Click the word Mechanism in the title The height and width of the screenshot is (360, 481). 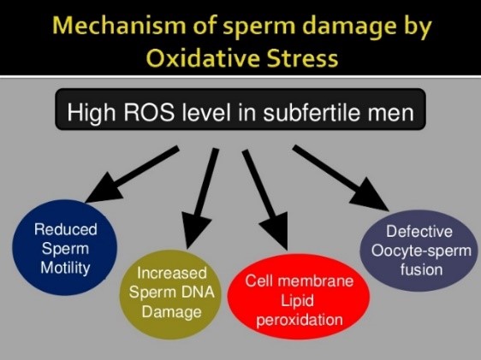(119, 25)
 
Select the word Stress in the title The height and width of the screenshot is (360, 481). (302, 58)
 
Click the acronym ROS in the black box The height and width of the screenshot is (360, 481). (150, 112)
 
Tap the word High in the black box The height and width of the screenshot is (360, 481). (92, 113)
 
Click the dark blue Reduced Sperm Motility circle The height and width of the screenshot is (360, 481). (65, 248)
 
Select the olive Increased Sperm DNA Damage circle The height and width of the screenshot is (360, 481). (170, 294)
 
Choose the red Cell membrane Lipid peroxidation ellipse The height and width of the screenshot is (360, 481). (299, 297)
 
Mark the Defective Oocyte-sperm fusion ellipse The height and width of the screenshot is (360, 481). (419, 251)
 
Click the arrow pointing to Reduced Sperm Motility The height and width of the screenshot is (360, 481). (132, 174)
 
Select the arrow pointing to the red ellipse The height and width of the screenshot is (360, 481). (265, 200)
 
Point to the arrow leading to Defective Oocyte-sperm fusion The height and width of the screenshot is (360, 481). (341, 178)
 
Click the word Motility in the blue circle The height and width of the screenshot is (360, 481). (65, 269)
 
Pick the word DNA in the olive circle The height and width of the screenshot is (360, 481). (198, 292)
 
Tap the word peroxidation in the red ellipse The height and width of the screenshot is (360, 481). (300, 321)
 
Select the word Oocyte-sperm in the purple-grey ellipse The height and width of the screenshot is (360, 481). (421, 251)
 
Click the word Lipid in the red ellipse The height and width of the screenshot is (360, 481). (297, 301)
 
